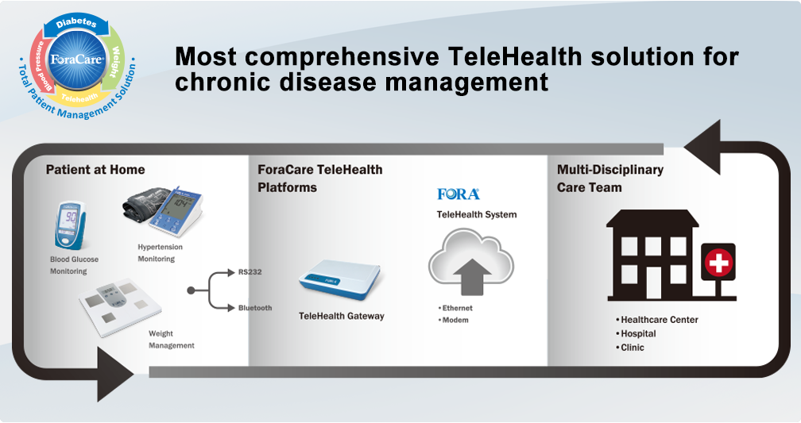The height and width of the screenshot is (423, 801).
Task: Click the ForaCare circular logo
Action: (75, 60)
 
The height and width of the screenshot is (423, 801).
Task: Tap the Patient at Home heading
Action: (95, 169)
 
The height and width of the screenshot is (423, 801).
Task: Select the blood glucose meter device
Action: (72, 227)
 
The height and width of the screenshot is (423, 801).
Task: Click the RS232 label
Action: (250, 272)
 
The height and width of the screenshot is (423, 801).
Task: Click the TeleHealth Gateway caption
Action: (341, 316)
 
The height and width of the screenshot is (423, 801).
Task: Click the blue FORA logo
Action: (459, 194)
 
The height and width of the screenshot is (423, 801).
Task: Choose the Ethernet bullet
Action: (457, 308)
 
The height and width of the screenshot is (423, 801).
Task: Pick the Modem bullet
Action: (455, 321)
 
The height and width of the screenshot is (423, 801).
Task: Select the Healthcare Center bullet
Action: (659, 320)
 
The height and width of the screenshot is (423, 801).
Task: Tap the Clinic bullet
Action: (633, 348)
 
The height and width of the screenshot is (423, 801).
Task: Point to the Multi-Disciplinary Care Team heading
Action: (610, 179)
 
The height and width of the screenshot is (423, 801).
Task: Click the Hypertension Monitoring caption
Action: (160, 253)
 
